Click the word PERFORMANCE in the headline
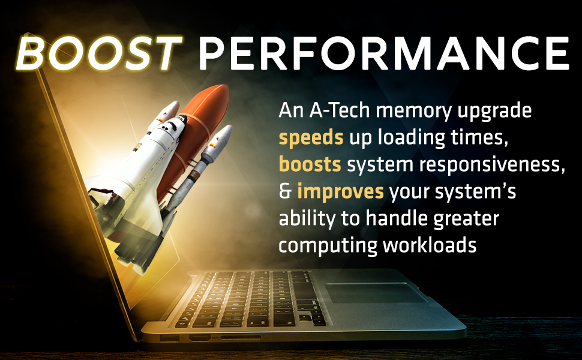tap(384, 53)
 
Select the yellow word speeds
tap(311, 137)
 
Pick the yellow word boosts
tap(310, 164)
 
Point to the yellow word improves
tap(340, 192)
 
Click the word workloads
tap(430, 245)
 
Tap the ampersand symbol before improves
tap(285, 191)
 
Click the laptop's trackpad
tap(375, 293)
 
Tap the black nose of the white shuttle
tap(181, 119)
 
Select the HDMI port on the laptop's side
tap(200, 338)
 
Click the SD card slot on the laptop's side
tap(241, 337)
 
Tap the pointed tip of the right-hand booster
tap(228, 128)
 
